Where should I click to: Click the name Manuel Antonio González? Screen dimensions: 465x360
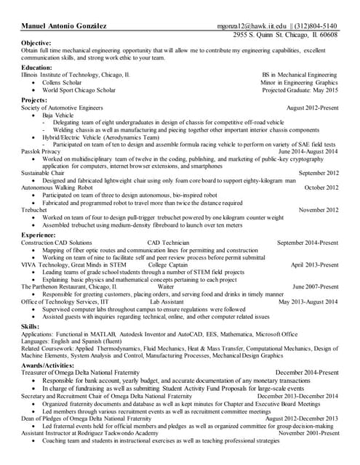pyautogui.click(x=65, y=25)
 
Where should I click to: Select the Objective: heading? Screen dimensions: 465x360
pyautogui.click(x=36, y=43)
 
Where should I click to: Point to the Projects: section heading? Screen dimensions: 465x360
pyautogui.click(x=35, y=100)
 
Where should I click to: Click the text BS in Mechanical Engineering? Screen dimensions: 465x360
pyautogui.click(x=300, y=75)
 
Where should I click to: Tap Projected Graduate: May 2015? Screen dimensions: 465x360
pyautogui.click(x=300, y=91)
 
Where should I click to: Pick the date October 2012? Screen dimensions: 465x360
pyautogui.click(x=321, y=187)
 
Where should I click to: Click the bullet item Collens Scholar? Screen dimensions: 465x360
pyautogui.click(x=62, y=83)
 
